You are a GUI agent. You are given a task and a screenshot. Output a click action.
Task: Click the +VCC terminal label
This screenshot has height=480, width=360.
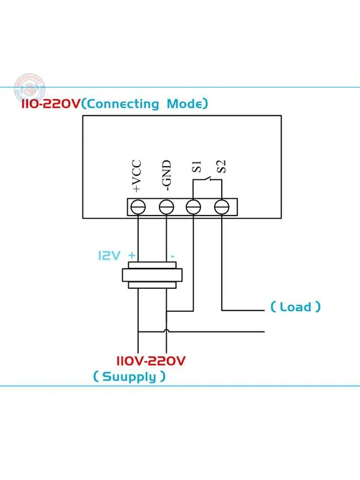137,176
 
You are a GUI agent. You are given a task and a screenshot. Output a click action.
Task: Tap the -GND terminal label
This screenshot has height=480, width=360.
166,175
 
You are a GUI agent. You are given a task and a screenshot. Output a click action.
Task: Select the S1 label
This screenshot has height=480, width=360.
197,167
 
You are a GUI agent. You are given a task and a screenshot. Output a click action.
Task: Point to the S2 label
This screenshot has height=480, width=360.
221,167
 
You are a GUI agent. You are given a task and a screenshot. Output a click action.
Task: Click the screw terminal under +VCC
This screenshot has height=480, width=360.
137,207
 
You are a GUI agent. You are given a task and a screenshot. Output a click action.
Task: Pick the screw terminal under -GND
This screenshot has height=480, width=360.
166,207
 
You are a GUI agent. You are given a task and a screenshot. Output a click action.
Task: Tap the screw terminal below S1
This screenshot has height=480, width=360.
193,207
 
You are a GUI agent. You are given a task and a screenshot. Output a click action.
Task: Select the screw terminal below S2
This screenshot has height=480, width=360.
222,207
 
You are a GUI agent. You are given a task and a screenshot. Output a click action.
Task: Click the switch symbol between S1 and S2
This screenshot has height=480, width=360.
207,179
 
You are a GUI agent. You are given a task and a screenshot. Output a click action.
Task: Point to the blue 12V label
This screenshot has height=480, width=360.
109,255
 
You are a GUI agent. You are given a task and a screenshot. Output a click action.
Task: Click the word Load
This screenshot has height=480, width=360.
295,307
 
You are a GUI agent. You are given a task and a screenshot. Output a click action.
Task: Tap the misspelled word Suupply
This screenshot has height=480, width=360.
129,377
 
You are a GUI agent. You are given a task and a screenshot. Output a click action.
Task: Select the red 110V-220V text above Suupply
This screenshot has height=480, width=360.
151,361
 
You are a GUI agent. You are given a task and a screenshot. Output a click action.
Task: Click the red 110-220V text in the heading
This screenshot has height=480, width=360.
50,104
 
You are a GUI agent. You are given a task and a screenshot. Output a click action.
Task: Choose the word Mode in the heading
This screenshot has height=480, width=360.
185,104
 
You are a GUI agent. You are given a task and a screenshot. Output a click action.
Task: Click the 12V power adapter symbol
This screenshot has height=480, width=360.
152,275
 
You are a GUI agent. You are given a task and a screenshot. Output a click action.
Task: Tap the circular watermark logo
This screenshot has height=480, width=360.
29,89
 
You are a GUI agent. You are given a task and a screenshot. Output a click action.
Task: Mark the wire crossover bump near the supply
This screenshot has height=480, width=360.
166,331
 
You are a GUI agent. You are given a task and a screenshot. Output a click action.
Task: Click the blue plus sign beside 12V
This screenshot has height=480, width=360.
132,255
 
